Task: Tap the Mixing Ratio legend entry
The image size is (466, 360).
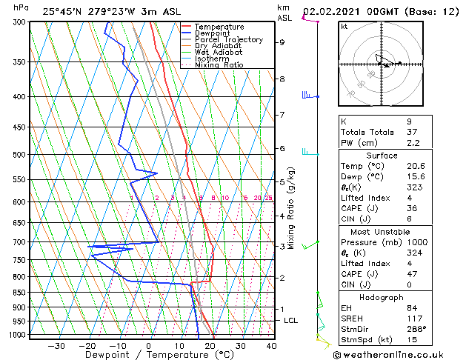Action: click(x=219, y=64)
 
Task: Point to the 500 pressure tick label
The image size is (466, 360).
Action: click(x=19, y=155)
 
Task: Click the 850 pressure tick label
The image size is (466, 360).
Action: click(x=19, y=293)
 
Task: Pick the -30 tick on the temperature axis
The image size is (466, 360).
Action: click(x=56, y=346)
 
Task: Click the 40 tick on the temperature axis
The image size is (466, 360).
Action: click(x=271, y=346)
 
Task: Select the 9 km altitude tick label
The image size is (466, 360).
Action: click(x=282, y=42)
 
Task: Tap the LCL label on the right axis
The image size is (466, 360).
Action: click(x=290, y=320)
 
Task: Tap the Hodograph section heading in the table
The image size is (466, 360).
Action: click(x=382, y=297)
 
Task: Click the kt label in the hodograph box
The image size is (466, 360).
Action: click(x=344, y=26)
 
